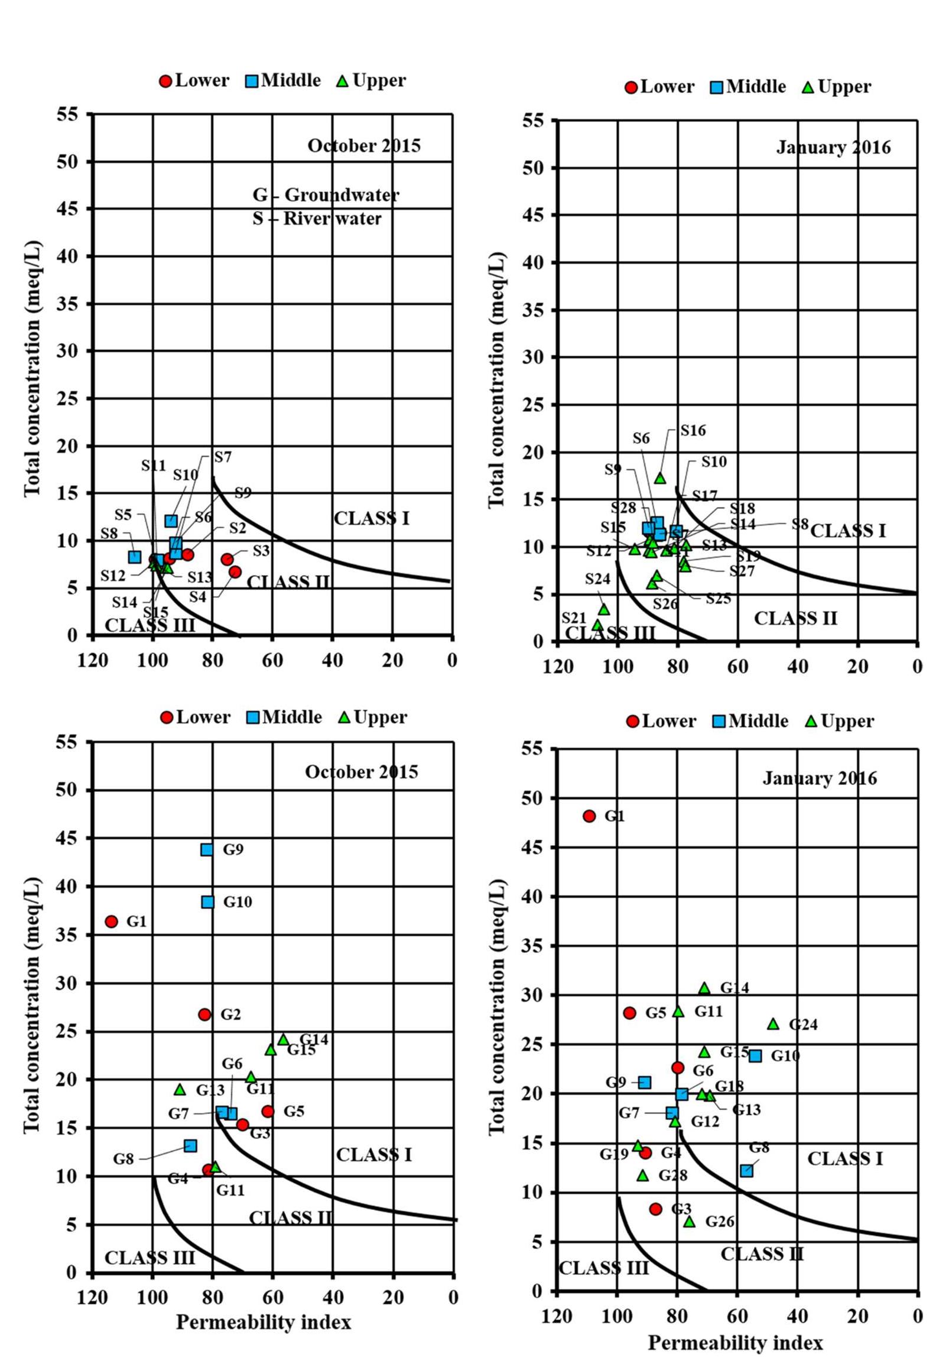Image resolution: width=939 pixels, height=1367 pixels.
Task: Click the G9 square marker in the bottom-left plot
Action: [x=206, y=849]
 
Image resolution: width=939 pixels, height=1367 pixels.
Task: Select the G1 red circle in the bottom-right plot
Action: [x=589, y=816]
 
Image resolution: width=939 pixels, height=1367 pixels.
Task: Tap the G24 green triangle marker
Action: [x=773, y=1024]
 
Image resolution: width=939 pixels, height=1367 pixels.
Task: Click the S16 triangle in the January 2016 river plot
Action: [x=660, y=478]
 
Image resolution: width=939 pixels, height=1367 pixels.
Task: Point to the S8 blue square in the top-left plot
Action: [x=135, y=557]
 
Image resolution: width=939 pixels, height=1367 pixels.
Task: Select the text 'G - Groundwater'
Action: [x=326, y=195]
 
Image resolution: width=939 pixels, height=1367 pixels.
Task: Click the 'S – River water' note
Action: [x=317, y=219]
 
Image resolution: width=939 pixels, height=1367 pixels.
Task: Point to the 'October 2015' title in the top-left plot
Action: [x=363, y=145]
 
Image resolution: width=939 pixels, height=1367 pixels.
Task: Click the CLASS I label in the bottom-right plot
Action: [x=844, y=1159]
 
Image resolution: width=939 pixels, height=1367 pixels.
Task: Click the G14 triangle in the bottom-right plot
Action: [x=704, y=988]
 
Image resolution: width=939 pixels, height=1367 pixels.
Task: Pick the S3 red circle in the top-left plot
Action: [x=227, y=559]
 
